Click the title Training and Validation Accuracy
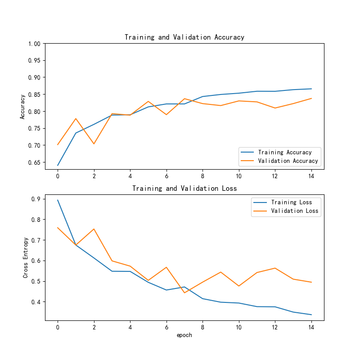pyautogui.click(x=184, y=37)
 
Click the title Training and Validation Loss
pyautogui.click(x=184, y=189)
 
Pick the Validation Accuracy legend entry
pyautogui.click(x=288, y=161)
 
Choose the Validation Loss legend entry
pyautogui.click(x=294, y=211)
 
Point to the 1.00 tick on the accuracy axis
pyautogui.click(x=34, y=44)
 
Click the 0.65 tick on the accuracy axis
pyautogui.click(x=34, y=162)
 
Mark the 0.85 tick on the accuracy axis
pyautogui.click(x=34, y=94)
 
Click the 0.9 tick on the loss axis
pyautogui.click(x=36, y=199)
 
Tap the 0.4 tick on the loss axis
pyautogui.click(x=36, y=302)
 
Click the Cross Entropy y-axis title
pyautogui.click(x=26, y=257)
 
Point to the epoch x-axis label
pyautogui.click(x=184, y=335)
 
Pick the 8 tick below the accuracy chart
pyautogui.click(x=202, y=176)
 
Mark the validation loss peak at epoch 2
pyautogui.click(x=94, y=229)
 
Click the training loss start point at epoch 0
pyautogui.click(x=58, y=200)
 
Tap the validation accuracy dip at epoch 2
pyautogui.click(x=94, y=144)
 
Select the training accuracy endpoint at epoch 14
pyautogui.click(x=311, y=89)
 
